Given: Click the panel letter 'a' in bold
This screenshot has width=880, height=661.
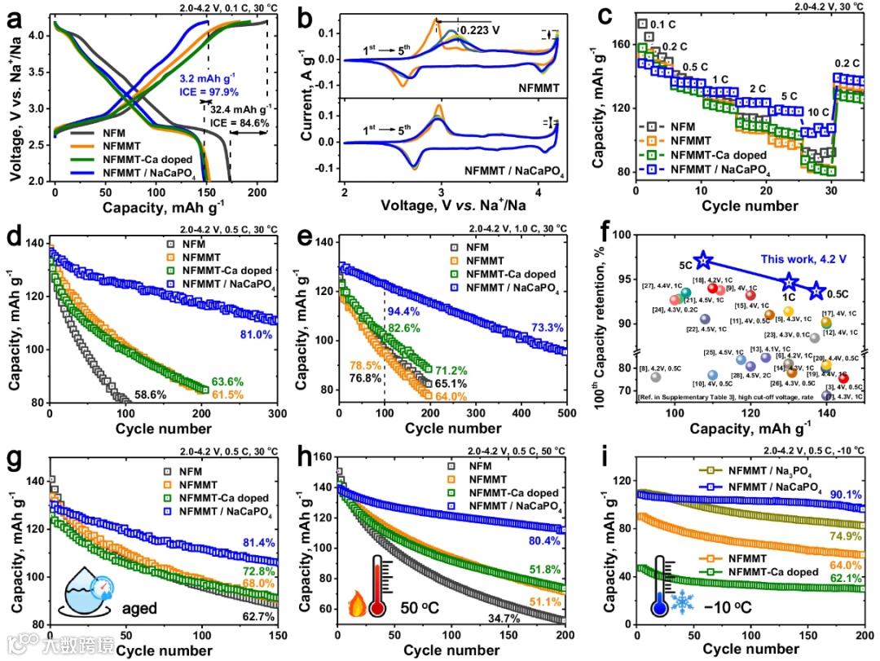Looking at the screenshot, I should (14, 22).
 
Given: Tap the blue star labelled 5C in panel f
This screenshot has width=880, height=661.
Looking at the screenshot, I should (704, 261).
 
